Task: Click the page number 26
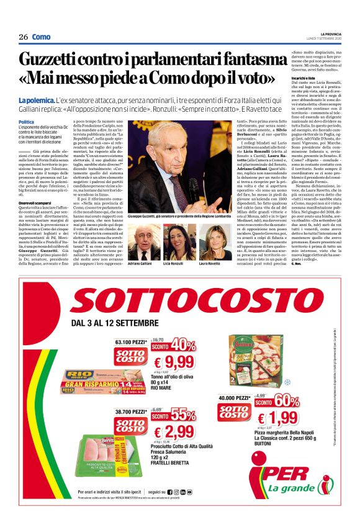click(23, 37)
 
